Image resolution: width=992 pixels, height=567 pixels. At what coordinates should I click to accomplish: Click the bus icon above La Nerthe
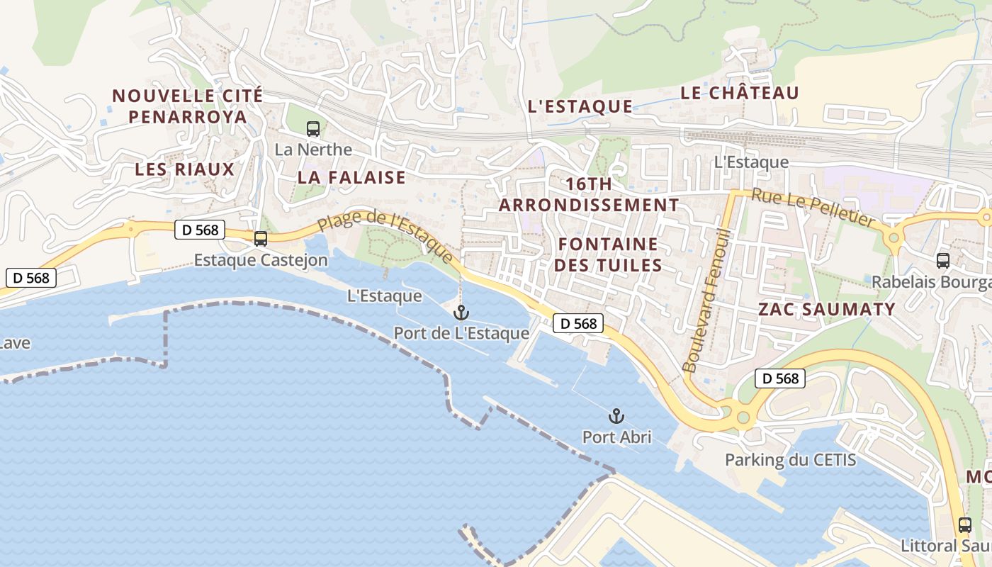[x=313, y=129]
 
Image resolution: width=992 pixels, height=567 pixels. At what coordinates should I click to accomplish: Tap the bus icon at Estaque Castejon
[x=261, y=239]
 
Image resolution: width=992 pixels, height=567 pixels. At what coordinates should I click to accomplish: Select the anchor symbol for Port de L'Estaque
[x=461, y=312]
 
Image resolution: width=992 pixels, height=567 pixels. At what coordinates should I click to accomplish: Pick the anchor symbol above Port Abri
[x=616, y=415]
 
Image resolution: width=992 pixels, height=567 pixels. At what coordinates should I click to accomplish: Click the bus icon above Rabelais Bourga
[x=942, y=260]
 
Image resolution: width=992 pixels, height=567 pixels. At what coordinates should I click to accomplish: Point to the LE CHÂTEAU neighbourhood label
[x=740, y=93]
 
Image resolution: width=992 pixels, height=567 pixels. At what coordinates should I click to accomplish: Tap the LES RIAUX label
[x=184, y=169]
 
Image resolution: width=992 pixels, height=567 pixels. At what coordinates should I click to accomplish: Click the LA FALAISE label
[x=351, y=177]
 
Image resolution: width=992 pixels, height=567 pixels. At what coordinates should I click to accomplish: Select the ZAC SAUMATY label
[x=827, y=309]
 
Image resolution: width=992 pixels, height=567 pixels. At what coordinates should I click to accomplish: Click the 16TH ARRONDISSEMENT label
[x=589, y=194]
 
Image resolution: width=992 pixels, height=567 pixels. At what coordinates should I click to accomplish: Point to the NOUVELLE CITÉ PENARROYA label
[x=188, y=106]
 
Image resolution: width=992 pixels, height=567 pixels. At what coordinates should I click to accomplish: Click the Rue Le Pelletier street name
[x=813, y=208]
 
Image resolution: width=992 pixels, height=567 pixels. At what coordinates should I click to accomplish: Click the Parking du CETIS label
[x=790, y=460]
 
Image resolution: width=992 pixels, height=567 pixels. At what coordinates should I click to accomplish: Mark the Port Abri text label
[x=616, y=437]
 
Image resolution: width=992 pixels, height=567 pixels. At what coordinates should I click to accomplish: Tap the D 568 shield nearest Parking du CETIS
[x=781, y=378]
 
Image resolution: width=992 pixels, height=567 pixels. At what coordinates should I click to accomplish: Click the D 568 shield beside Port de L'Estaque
[x=578, y=323]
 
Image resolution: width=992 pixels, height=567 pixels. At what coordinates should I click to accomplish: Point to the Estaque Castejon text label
[x=261, y=260]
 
